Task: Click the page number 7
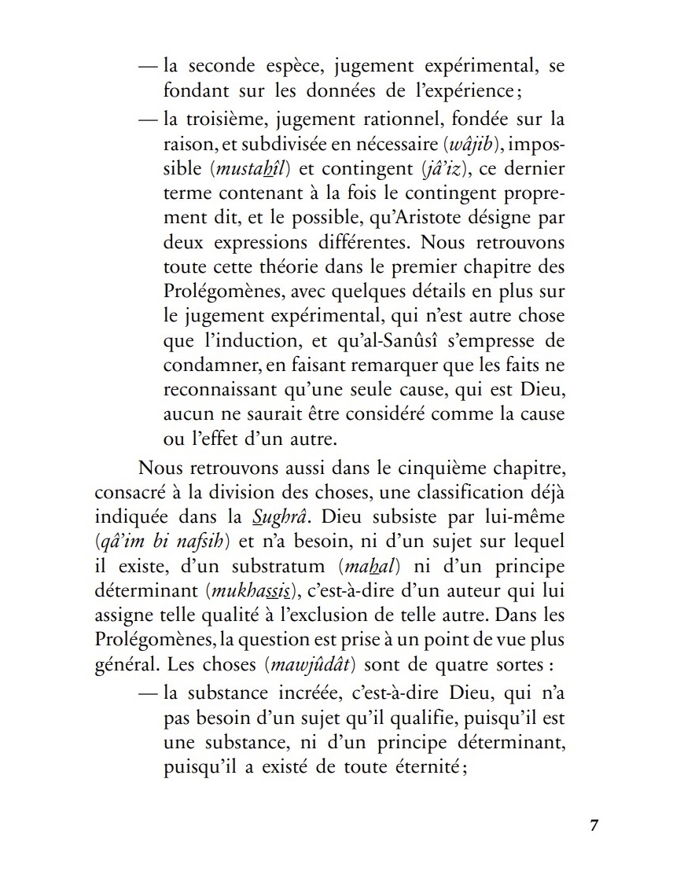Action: (x=594, y=825)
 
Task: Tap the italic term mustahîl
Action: (x=253, y=170)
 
